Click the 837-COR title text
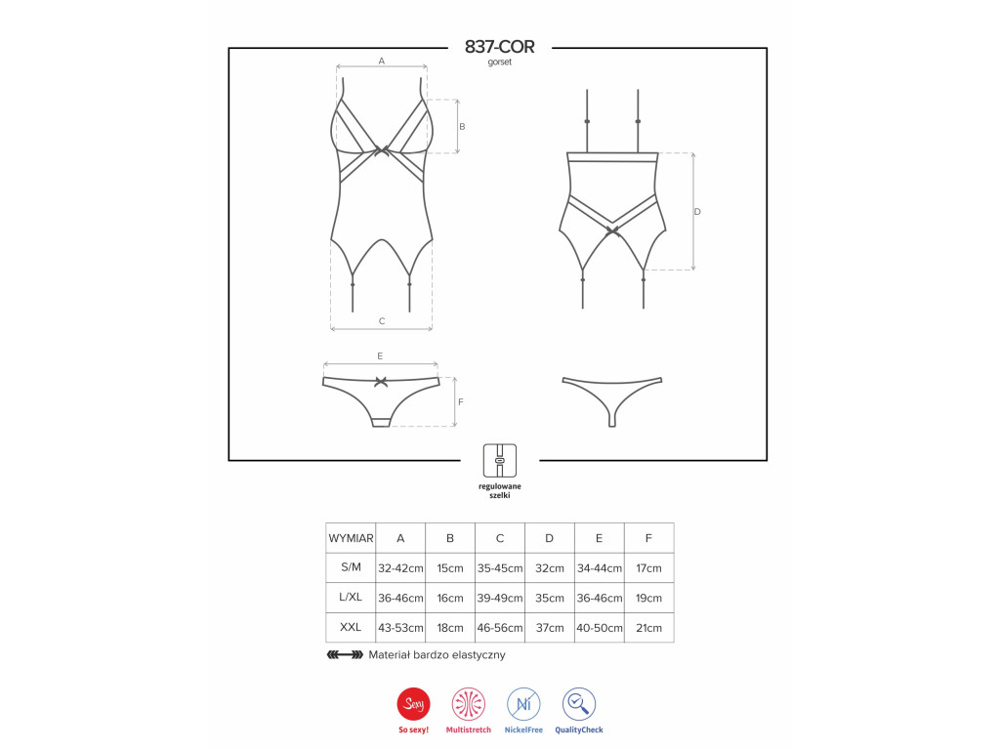point(499,47)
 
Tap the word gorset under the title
point(499,62)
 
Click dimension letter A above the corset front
point(382,61)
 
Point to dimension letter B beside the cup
point(462,126)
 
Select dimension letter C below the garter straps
point(382,320)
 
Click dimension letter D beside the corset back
point(697,211)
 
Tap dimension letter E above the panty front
point(380,355)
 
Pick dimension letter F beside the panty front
point(461,401)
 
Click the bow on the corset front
point(382,151)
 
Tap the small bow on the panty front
point(381,382)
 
